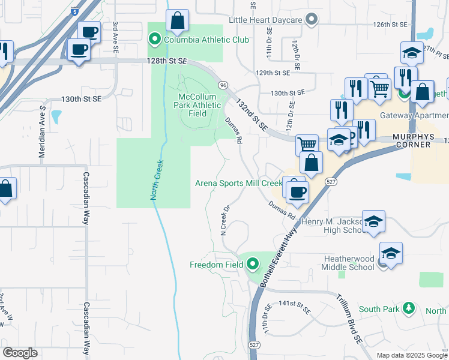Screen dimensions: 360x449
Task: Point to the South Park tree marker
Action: point(409,308)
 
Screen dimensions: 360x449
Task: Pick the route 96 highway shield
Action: point(222,85)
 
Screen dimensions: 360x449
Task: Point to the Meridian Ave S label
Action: point(43,131)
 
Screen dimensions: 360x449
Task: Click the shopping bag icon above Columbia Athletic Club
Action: point(178,22)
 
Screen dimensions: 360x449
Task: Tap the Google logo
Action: point(20,353)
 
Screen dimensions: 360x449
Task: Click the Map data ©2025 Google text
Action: point(411,355)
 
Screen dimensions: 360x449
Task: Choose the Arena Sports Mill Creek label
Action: point(238,183)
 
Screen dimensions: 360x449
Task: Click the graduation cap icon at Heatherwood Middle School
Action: point(390,253)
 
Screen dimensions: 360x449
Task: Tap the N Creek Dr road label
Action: point(225,220)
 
